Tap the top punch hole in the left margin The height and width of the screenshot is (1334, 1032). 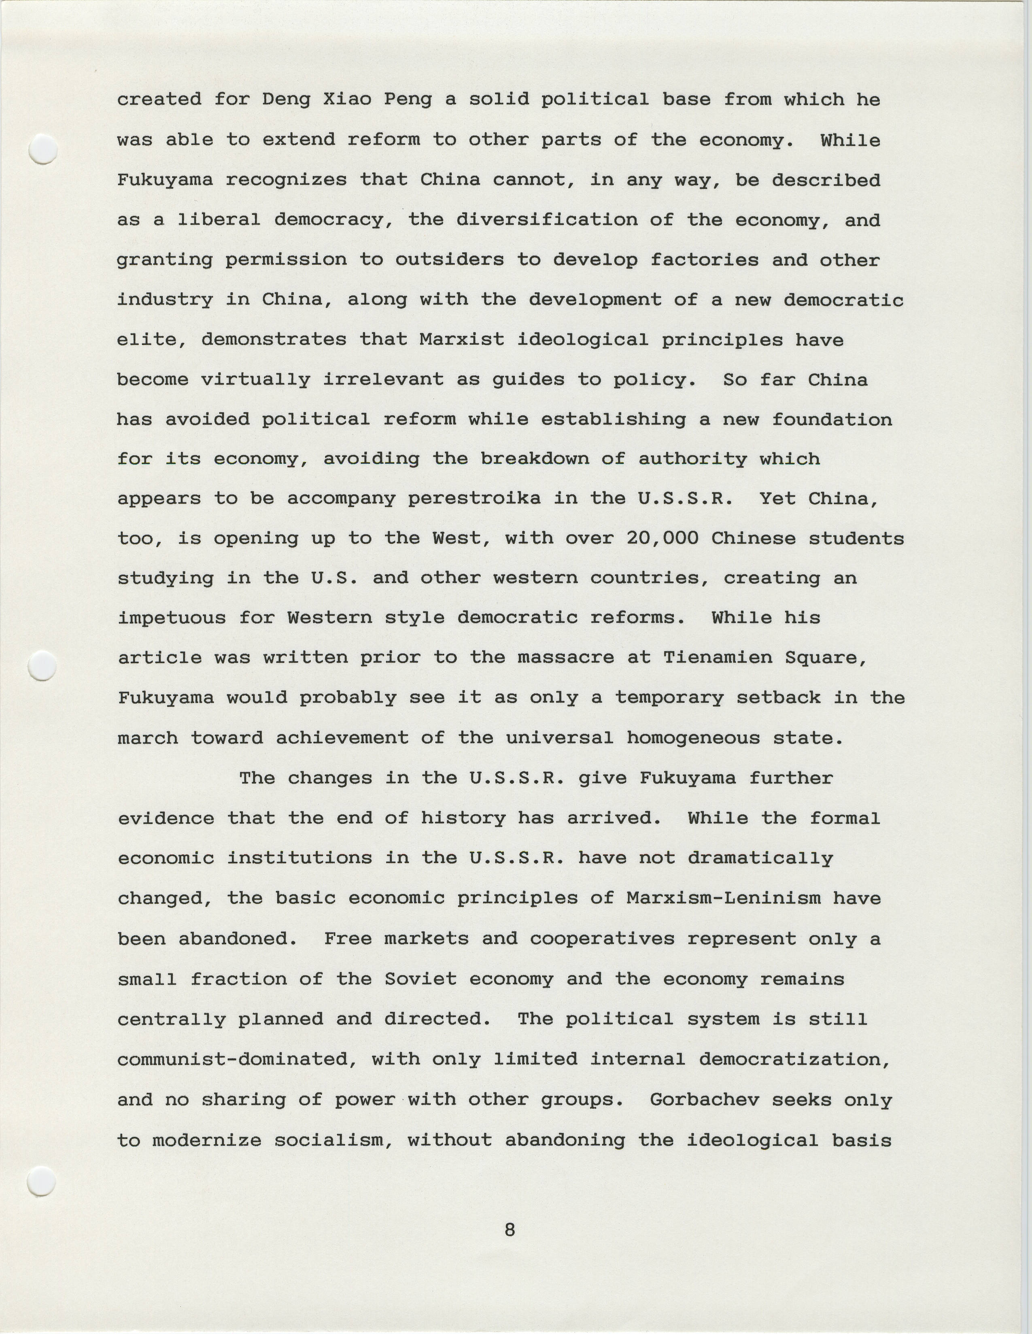(43, 149)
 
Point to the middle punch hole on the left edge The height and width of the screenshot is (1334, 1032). (43, 665)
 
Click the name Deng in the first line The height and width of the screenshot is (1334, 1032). (287, 100)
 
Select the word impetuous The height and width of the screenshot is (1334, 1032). (172, 618)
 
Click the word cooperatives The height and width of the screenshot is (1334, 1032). (602, 939)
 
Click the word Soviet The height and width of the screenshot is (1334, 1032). (421, 979)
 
